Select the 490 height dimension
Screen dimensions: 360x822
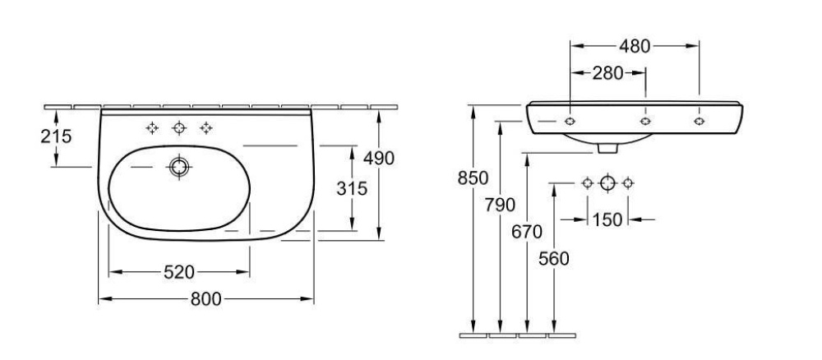(x=378, y=158)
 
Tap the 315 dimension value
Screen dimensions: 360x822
(x=352, y=188)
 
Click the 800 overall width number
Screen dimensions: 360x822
(x=205, y=300)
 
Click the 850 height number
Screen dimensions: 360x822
(x=473, y=178)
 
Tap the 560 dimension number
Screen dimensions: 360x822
(x=554, y=259)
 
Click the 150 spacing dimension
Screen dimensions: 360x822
(x=607, y=219)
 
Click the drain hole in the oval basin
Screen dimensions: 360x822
(x=178, y=167)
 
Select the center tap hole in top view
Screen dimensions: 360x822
(x=178, y=127)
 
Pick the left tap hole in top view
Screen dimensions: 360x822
(x=151, y=127)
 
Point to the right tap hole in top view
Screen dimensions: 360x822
(x=205, y=127)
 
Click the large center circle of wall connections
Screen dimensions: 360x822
(x=607, y=182)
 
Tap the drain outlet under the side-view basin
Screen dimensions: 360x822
(x=607, y=149)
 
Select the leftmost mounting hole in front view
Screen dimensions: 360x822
(x=570, y=122)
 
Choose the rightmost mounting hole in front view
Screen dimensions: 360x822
(x=699, y=122)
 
